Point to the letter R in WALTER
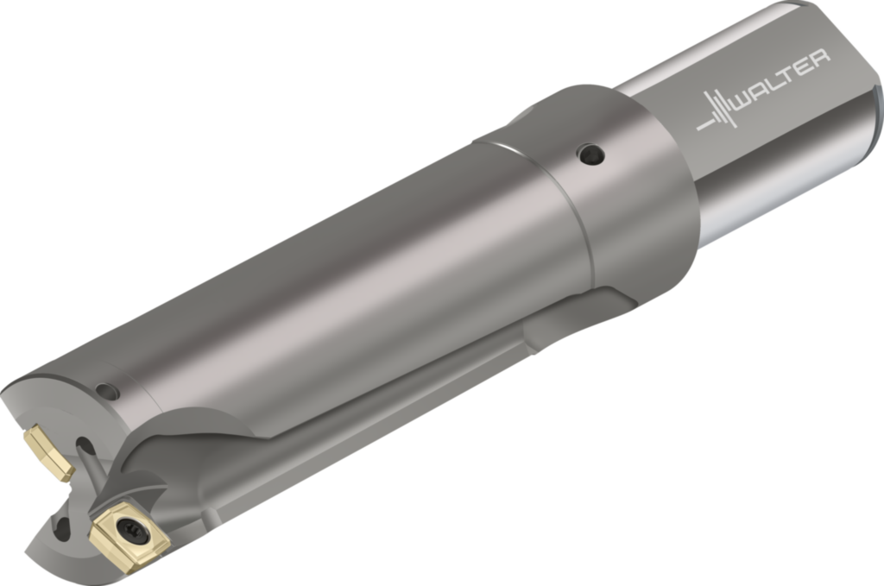point(819,60)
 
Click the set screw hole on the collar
point(590,154)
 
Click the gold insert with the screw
point(129,534)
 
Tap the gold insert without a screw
point(48,453)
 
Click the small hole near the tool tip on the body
point(108,391)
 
